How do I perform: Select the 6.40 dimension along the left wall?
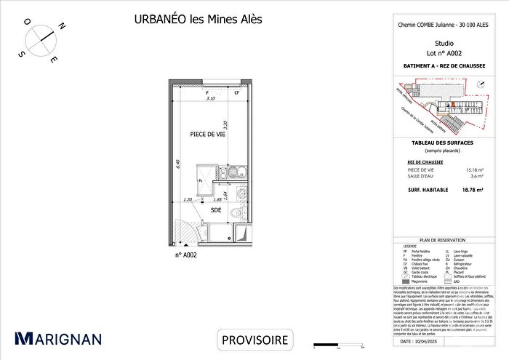click(177, 164)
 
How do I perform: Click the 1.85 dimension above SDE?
click(217, 199)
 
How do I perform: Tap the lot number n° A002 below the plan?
click(186, 255)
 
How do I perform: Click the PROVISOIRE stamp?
click(254, 340)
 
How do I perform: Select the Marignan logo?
click(58, 338)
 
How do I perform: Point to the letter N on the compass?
click(63, 26)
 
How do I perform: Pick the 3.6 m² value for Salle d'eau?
click(476, 176)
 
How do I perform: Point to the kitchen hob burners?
click(234, 174)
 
